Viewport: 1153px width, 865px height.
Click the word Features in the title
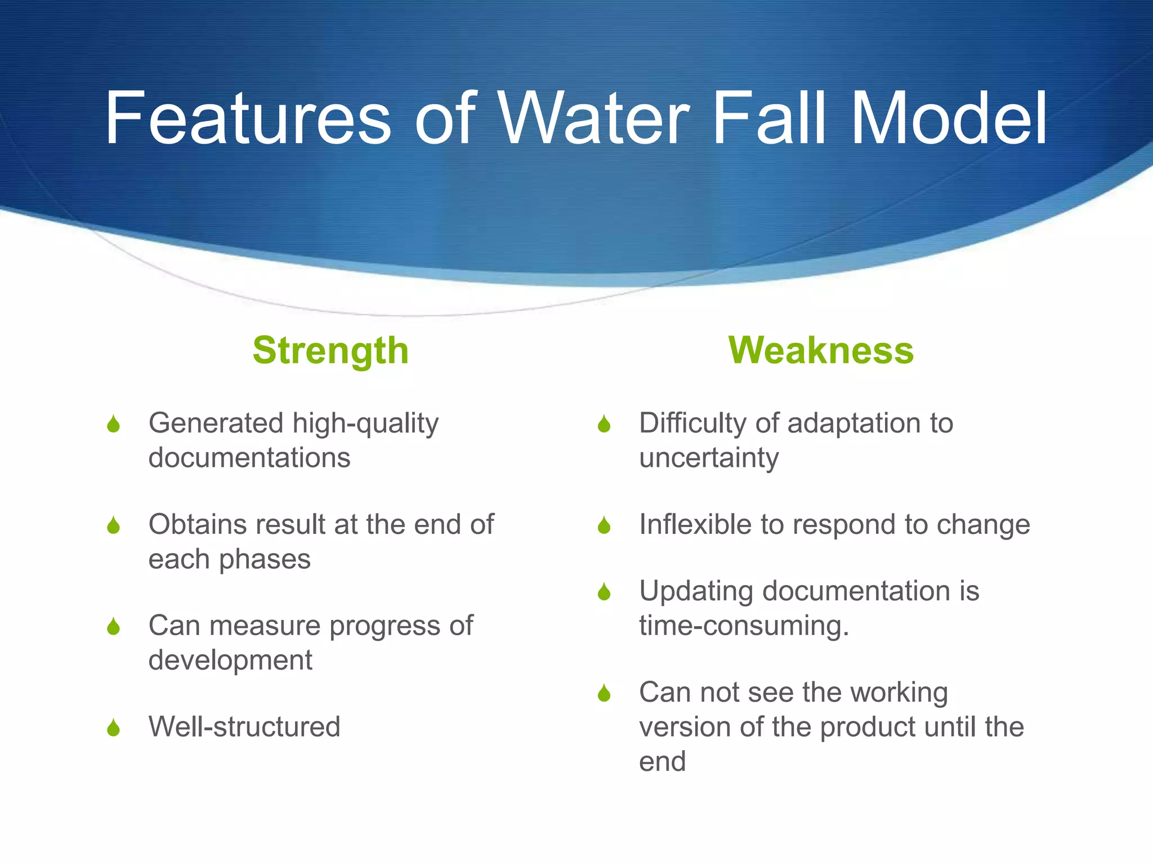tap(248, 119)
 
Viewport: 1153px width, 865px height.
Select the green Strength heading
tap(330, 351)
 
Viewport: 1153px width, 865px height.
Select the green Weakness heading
tap(821, 351)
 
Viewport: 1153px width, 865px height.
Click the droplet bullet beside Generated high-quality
tap(114, 424)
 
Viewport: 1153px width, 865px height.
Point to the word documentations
tap(249, 457)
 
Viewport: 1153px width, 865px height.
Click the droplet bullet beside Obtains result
tap(114, 525)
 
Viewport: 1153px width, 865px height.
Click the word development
tap(230, 660)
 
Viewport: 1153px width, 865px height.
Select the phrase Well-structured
tap(244, 726)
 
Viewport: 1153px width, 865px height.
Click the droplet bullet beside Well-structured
tap(114, 728)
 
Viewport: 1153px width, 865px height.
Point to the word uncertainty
tap(709, 457)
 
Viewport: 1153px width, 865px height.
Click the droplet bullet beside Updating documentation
tap(604, 592)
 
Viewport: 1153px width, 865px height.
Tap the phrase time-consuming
tap(743, 626)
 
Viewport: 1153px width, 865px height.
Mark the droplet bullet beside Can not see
tap(604, 693)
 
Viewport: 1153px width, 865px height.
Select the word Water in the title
tap(594, 119)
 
